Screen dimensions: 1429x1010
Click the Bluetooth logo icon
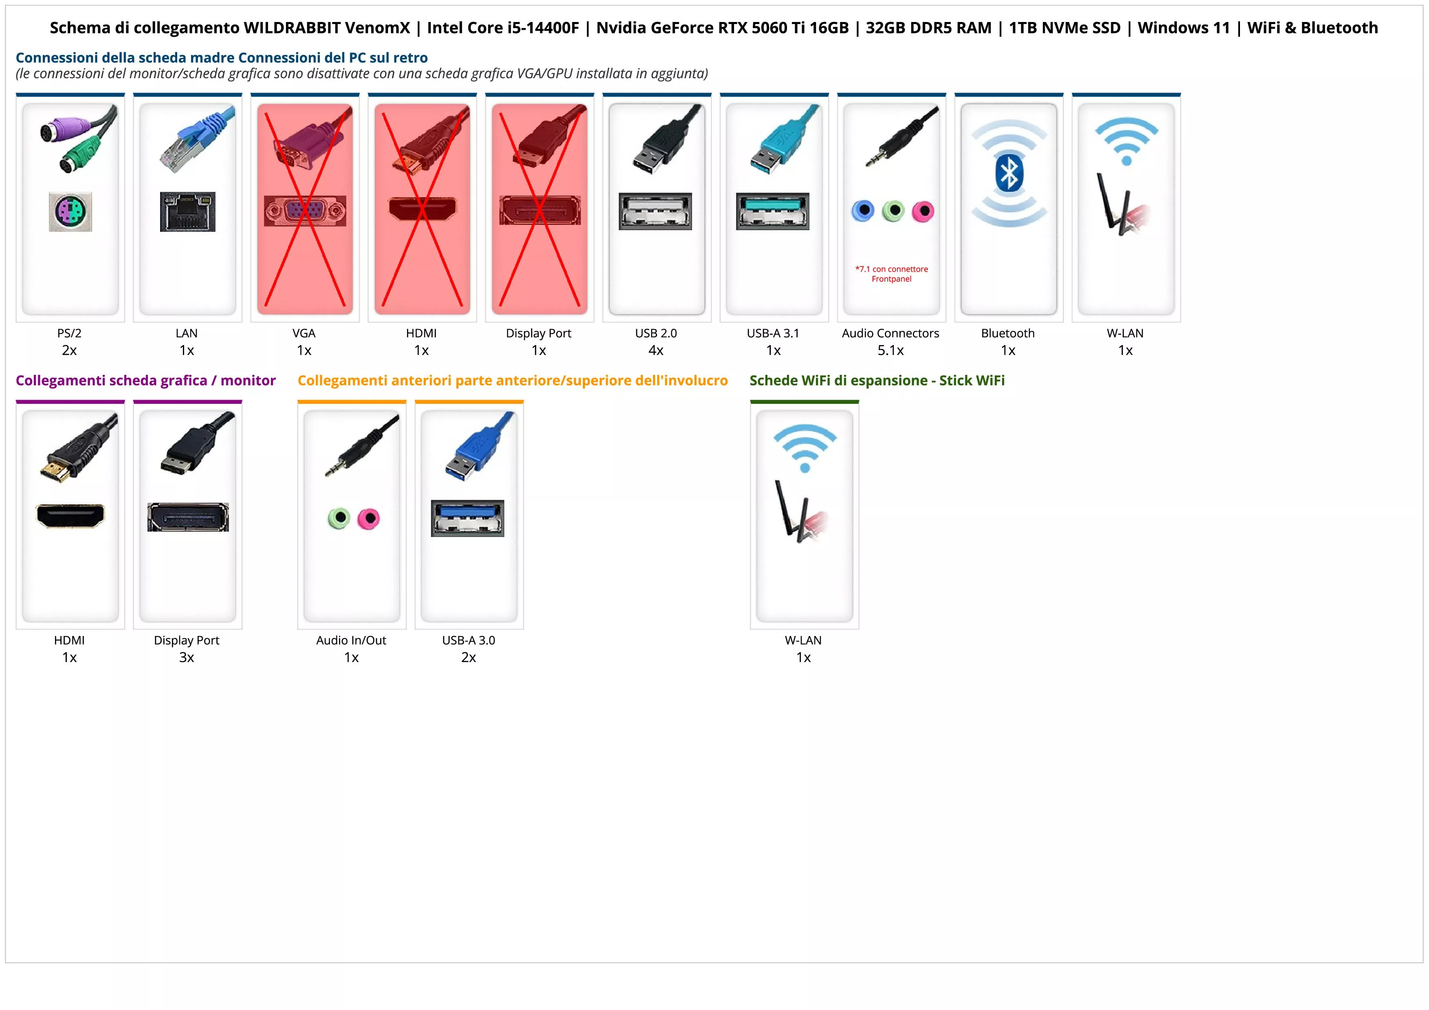[1009, 174]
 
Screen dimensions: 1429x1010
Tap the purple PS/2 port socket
[70, 211]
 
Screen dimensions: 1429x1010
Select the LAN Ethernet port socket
[187, 211]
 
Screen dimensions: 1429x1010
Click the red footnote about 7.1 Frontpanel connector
[891, 274]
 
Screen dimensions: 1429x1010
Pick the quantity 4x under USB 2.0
[656, 350]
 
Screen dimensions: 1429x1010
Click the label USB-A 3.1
[773, 333]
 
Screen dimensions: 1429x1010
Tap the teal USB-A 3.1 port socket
[773, 211]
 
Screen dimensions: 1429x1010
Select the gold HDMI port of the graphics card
[70, 516]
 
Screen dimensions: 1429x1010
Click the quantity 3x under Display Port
[187, 657]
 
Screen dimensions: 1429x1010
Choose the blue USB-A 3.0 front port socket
[467, 518]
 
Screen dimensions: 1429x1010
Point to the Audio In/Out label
[351, 640]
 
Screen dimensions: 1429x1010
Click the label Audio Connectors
[890, 333]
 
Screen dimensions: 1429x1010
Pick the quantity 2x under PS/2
[69, 350]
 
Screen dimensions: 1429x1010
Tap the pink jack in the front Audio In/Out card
[369, 518]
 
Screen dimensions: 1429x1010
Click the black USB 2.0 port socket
[655, 211]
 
